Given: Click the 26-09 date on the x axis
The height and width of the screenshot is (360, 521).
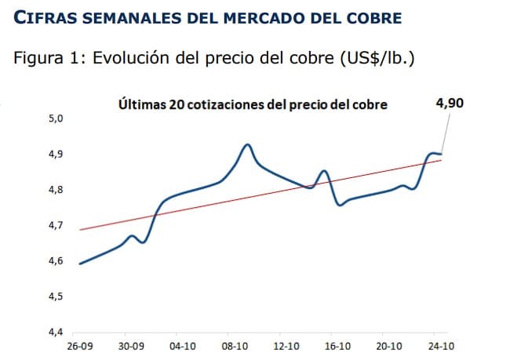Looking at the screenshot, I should pos(81,345).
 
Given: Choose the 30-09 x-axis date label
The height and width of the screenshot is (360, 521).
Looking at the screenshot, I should pos(132,345).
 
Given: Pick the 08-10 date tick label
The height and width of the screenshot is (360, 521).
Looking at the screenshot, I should pos(235,345).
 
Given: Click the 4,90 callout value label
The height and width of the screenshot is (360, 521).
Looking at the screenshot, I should pos(450,104).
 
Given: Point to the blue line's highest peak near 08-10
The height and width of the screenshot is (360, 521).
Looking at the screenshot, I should pos(248,145).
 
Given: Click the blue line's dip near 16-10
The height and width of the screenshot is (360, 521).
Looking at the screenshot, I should pos(340,205).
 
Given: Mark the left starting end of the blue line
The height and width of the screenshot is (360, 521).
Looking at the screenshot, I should pos(81,264).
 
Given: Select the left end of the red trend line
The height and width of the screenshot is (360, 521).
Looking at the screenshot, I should pos(81,230).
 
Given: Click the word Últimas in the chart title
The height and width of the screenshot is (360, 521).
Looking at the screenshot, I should pos(141,104).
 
